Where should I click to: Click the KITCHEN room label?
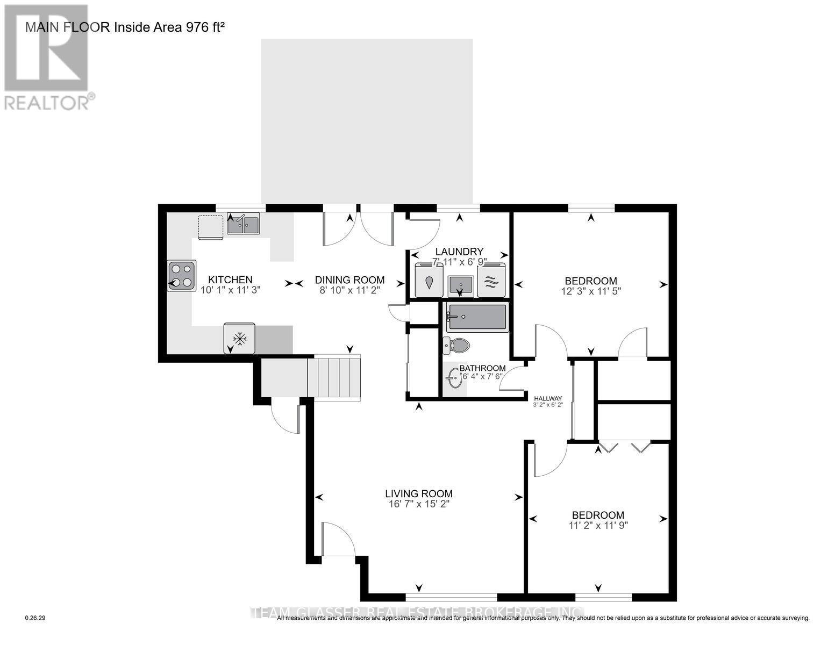pos(230,279)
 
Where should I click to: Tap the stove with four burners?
pos(182,275)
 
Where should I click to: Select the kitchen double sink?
pos(243,224)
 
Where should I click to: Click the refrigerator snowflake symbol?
pos(239,339)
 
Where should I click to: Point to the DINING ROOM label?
pos(349,279)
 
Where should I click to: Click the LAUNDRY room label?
pos(459,251)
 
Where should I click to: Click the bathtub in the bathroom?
pos(477,317)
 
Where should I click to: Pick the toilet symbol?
pos(457,345)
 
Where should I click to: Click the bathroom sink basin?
pos(453,378)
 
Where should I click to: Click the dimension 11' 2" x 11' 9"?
pos(597,525)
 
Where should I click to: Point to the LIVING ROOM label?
pos(418,493)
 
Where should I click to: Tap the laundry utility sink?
pos(460,283)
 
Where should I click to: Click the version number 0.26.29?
pos(35,618)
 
